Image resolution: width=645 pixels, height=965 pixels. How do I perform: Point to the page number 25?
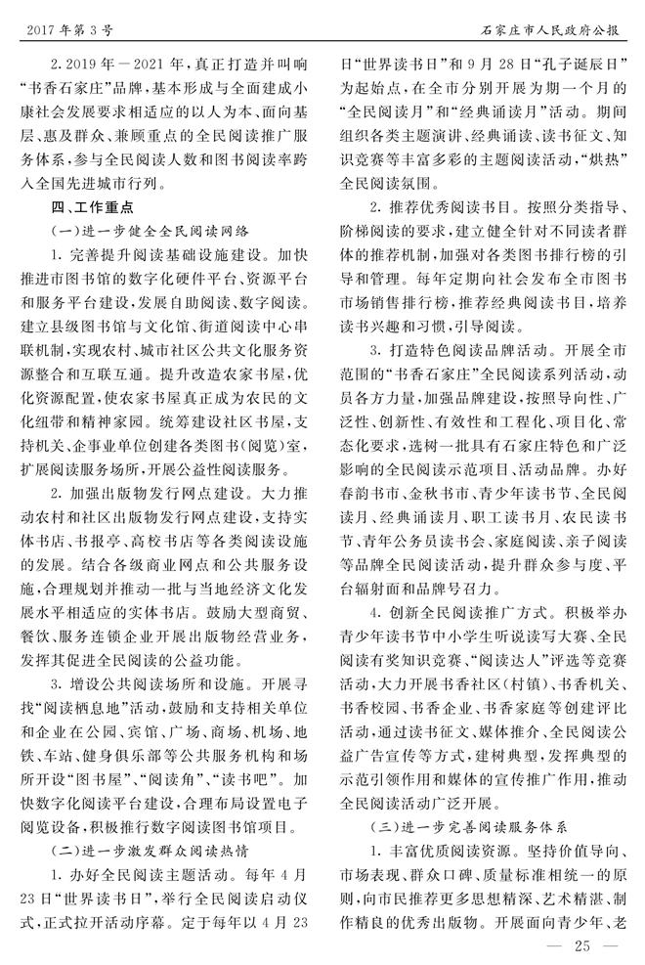point(584,944)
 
